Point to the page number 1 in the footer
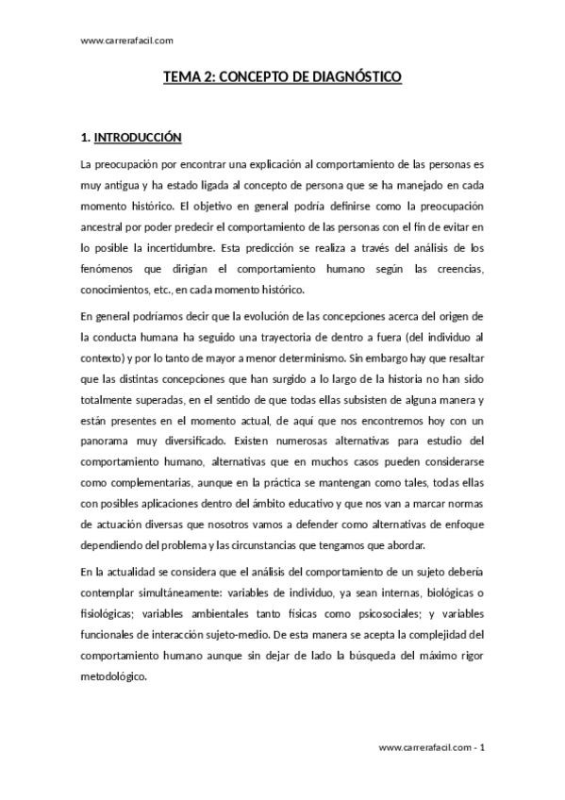pos(481,747)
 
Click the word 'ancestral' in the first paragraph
pos(107,227)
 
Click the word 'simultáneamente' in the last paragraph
pos(181,592)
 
